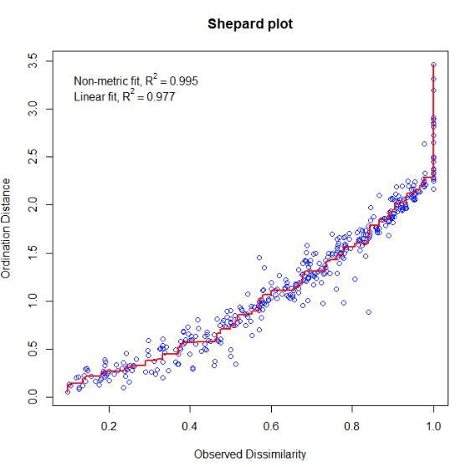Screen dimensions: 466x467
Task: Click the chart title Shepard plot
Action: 250,24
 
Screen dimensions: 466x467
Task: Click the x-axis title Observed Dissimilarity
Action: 250,454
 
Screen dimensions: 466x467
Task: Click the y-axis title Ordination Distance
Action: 6,228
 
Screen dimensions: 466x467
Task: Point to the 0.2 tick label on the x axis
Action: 109,426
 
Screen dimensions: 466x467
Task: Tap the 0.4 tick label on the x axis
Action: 190,426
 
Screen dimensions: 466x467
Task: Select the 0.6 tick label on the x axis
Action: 271,426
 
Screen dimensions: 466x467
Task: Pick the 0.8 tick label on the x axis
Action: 352,426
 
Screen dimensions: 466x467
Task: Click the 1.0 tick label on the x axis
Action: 433,426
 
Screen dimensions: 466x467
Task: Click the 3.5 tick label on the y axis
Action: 33,61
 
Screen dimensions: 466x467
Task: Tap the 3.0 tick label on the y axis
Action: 33,109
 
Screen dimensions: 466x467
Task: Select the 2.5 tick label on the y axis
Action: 33,157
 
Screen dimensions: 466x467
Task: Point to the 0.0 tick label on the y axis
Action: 33,397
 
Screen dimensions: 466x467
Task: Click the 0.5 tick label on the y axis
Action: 33,349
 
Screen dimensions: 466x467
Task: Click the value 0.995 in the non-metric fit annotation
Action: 184,81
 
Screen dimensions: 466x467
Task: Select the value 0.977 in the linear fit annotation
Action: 161,97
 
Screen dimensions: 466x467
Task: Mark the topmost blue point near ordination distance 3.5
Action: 433,64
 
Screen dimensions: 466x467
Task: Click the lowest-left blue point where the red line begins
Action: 68,393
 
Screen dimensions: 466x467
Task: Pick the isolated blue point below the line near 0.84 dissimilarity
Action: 369,312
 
